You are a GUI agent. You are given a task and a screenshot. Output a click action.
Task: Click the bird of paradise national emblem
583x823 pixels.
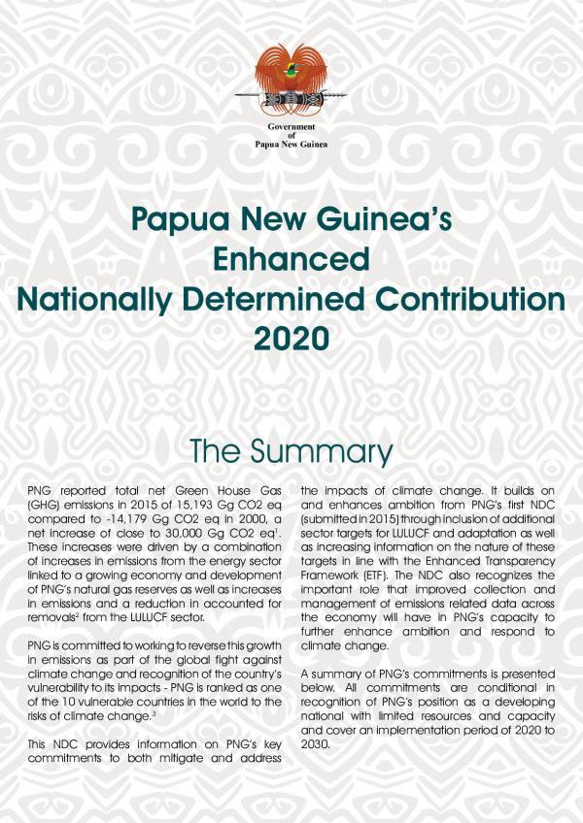point(291,82)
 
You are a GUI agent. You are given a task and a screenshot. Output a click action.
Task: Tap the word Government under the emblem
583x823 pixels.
point(291,128)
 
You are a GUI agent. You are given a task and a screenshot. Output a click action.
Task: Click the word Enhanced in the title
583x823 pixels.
point(291,261)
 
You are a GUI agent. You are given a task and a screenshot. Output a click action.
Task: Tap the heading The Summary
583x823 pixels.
point(291,452)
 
